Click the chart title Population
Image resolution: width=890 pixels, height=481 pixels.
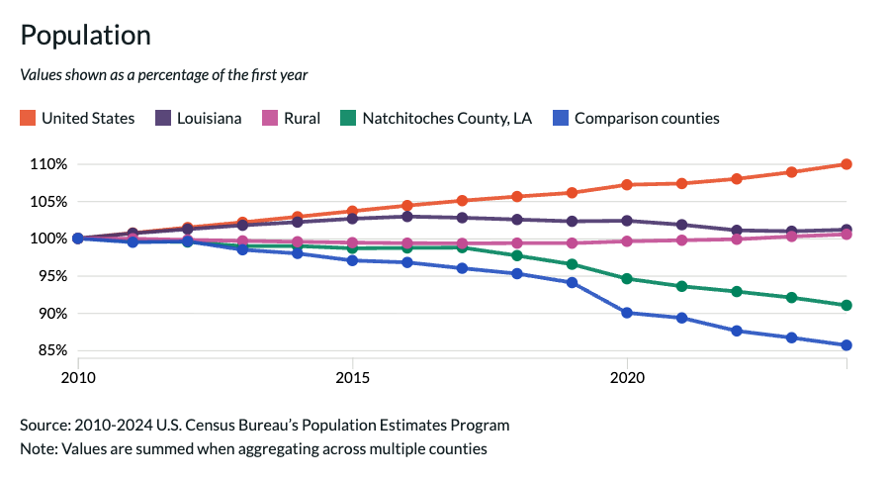pos(85,36)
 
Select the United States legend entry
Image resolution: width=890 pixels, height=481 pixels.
pos(77,118)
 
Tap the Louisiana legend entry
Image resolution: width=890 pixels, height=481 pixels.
pos(199,118)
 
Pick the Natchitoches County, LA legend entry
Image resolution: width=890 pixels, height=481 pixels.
pos(436,118)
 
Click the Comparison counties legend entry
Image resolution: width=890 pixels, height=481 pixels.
pos(636,118)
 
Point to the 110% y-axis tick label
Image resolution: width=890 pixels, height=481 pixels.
pos(46,164)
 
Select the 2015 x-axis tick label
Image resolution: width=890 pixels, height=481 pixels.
pos(352,377)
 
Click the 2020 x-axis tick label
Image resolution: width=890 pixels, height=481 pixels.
pos(627,377)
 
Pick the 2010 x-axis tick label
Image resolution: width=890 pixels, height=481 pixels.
pos(77,377)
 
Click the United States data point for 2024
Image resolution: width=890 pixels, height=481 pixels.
pos(846,164)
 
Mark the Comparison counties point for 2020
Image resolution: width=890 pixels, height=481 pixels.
pos(627,313)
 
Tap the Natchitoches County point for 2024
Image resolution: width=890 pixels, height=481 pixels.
pos(846,306)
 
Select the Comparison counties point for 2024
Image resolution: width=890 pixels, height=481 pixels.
pos(846,345)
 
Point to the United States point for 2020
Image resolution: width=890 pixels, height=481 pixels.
pos(627,185)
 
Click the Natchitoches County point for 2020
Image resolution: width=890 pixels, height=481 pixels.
pos(627,279)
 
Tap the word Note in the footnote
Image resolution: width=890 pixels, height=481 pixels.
pos(38,449)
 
